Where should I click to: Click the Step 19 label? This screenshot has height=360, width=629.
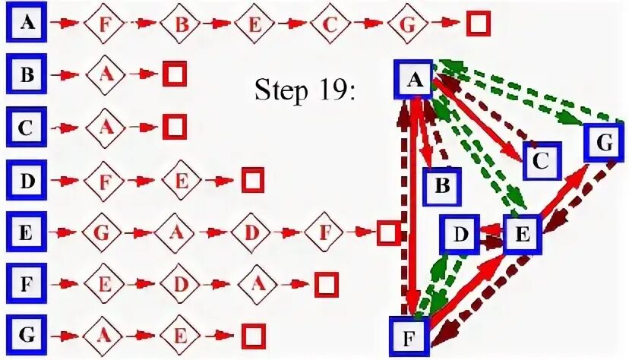(308, 92)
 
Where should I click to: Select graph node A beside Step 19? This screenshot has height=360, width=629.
(415, 79)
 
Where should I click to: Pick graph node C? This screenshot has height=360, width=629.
(541, 161)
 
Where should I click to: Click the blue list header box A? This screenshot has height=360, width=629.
(27, 23)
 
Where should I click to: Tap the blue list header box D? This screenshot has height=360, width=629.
(27, 181)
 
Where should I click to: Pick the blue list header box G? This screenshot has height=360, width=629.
(27, 335)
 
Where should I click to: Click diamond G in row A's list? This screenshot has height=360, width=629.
(408, 24)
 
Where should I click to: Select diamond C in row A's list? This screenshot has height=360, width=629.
(330, 24)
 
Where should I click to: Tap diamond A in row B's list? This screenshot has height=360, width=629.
(106, 75)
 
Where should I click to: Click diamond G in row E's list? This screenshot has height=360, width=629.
(106, 232)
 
